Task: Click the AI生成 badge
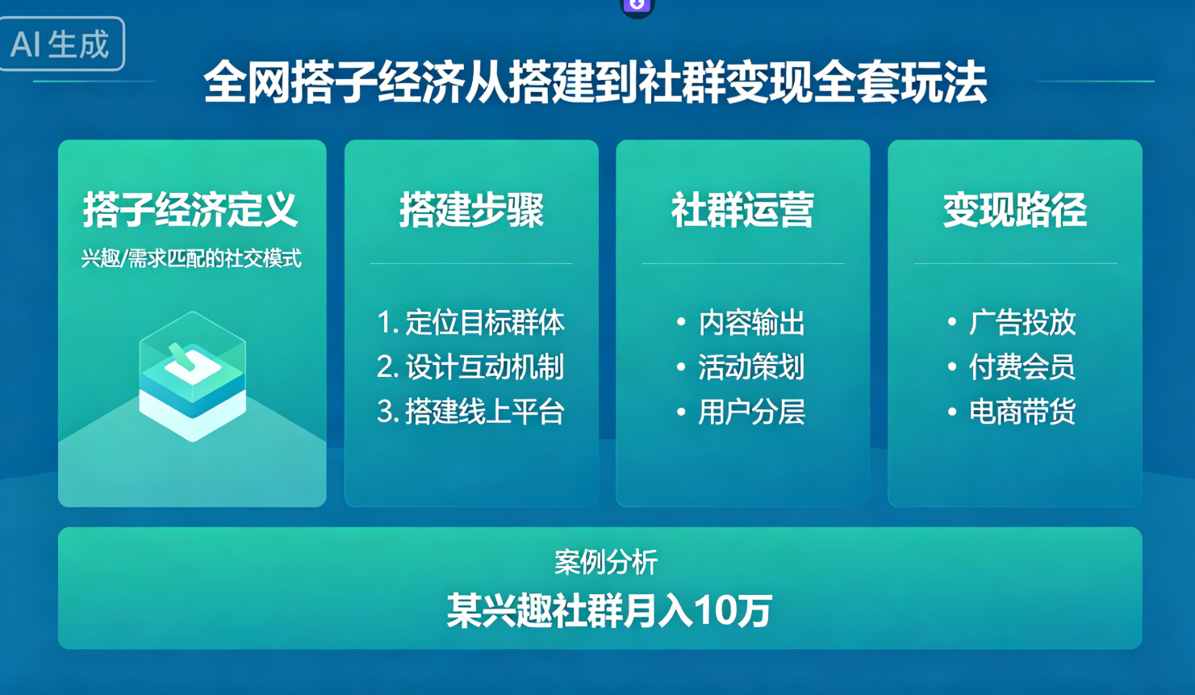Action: [x=61, y=44]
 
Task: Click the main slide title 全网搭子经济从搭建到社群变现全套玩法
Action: [x=595, y=82]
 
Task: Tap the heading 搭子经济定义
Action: [x=191, y=210]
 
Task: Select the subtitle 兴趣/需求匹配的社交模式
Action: [x=191, y=259]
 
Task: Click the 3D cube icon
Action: [x=192, y=376]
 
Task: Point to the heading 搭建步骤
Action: [x=471, y=210]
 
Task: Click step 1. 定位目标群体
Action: [x=471, y=323]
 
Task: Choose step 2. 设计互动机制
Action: [x=471, y=367]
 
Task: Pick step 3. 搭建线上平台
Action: [x=471, y=412]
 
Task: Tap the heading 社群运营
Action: [x=742, y=210]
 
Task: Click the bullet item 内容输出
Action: [x=751, y=323]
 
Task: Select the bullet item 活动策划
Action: [x=751, y=367]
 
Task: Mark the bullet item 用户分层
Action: [x=751, y=412]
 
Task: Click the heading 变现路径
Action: [x=1014, y=210]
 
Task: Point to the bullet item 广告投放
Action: [x=1022, y=323]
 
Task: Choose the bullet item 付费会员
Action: [x=1022, y=367]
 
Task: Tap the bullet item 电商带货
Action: [x=1022, y=412]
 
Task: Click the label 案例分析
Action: [x=606, y=562]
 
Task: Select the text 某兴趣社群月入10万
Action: [x=609, y=610]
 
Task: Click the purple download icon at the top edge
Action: [x=637, y=5]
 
